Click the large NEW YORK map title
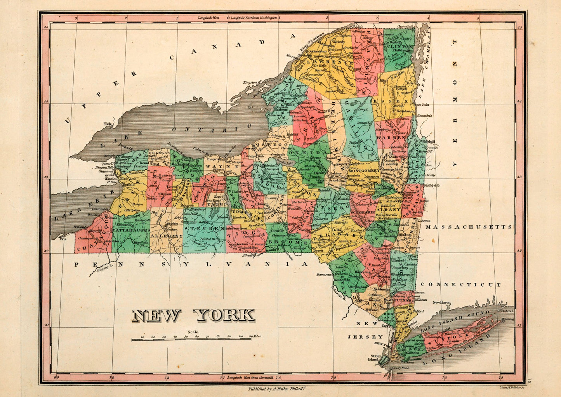[x=193, y=315]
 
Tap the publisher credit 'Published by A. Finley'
[x=277, y=388]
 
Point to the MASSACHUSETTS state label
[x=469, y=226]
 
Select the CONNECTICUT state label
[x=461, y=284]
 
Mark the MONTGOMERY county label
[x=363, y=171]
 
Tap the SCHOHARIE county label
[x=362, y=213]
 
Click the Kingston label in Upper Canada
[x=250, y=82]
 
